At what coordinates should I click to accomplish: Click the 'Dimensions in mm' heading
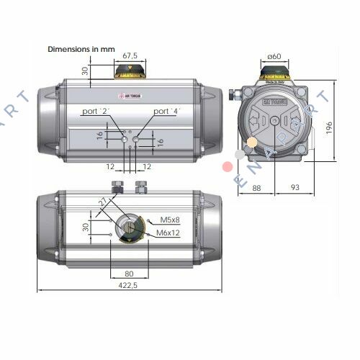click(81, 49)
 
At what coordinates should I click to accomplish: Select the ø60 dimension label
click(274, 56)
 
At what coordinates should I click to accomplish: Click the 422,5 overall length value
click(130, 284)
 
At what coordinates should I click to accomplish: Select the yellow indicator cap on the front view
click(130, 71)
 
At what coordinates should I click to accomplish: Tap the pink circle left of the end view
click(228, 167)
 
